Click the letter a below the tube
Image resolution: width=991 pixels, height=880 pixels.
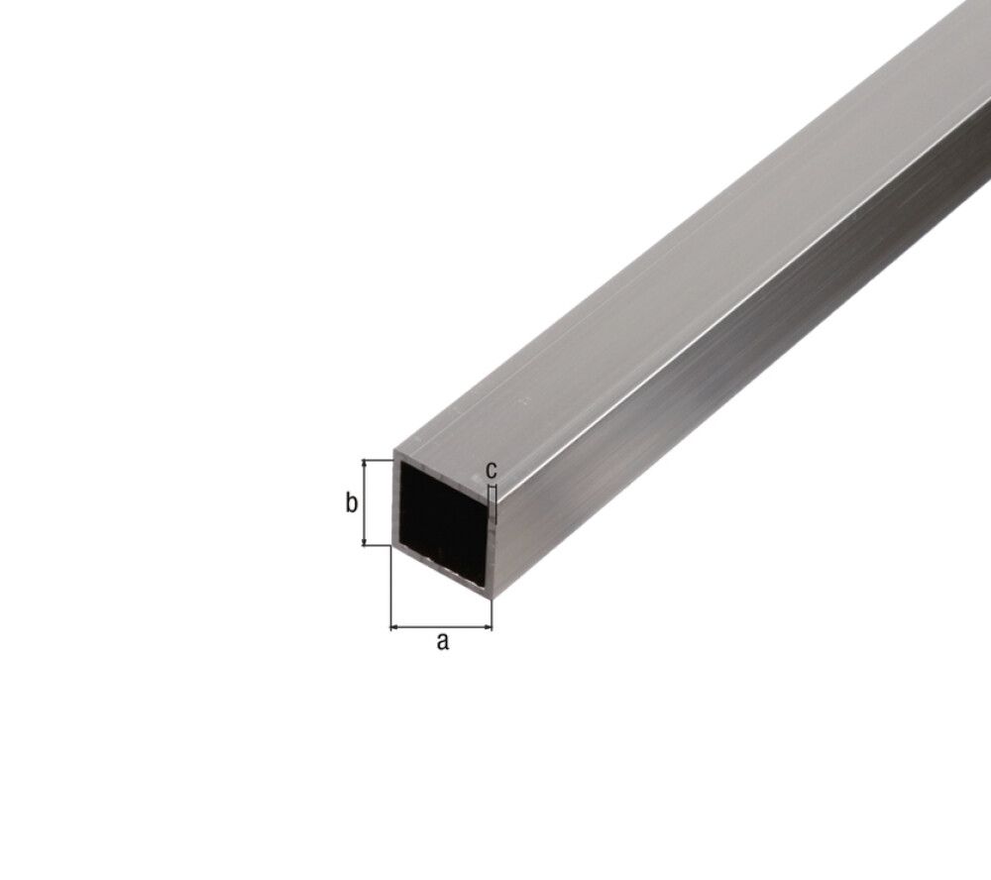443,641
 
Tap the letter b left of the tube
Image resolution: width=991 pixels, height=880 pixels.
350,503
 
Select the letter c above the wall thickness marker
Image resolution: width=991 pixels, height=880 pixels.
491,468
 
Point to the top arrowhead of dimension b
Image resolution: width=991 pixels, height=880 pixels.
367,464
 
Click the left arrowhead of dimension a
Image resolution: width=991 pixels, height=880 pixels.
395,626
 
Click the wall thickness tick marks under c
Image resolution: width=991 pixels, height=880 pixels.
492,495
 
